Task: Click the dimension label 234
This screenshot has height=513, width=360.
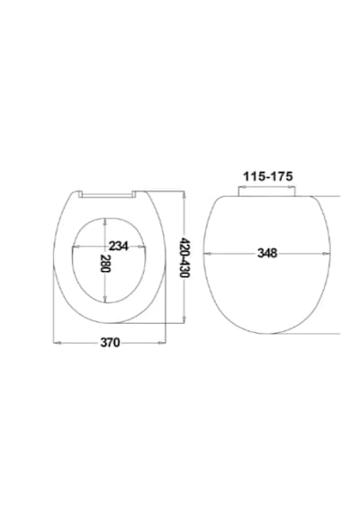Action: pyautogui.click(x=119, y=246)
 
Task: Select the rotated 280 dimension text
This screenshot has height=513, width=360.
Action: pyautogui.click(x=105, y=263)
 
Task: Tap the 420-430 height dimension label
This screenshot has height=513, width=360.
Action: pyautogui.click(x=184, y=257)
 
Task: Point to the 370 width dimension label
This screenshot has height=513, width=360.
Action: pyautogui.click(x=111, y=343)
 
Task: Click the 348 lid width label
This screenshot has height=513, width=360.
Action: pyautogui.click(x=267, y=253)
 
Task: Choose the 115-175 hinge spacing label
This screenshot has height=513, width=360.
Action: pyautogui.click(x=267, y=176)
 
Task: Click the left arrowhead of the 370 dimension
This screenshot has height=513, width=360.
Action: pyautogui.click(x=57, y=343)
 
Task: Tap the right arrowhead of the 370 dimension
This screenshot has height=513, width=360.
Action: pyautogui.click(x=162, y=343)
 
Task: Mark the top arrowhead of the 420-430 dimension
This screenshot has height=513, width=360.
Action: pyautogui.click(x=184, y=194)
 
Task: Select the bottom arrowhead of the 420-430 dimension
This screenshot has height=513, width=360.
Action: pyautogui.click(x=184, y=319)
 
